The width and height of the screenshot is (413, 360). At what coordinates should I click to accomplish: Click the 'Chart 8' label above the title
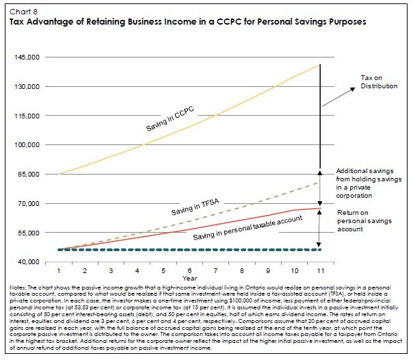[x=20, y=11]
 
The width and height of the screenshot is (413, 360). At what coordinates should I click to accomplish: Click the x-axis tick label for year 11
[x=319, y=272]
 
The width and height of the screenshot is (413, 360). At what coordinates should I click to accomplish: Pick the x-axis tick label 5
[x=158, y=272]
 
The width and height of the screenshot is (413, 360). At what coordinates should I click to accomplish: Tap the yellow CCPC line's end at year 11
[x=319, y=65]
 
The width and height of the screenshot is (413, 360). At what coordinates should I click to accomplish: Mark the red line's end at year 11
[x=319, y=208]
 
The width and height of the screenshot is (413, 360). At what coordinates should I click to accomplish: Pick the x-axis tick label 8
[x=239, y=272]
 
